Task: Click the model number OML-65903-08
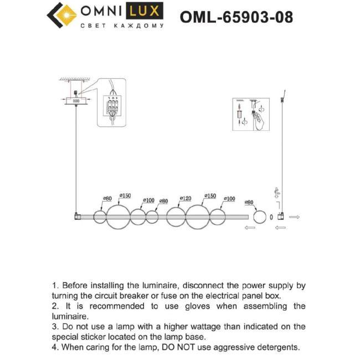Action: click(236, 17)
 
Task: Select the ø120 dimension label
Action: click(186, 198)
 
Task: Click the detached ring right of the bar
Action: click(260, 217)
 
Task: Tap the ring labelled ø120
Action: click(176, 217)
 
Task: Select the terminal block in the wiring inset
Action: click(113, 106)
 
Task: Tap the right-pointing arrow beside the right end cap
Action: click(294, 217)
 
